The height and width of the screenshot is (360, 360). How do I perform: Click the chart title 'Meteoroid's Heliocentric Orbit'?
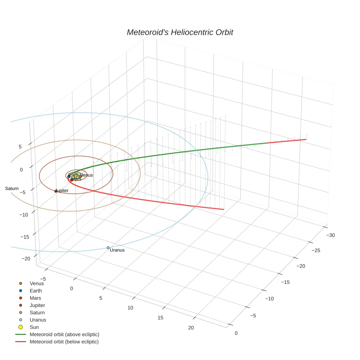(x=180, y=32)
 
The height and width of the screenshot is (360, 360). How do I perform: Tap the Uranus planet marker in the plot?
(x=108, y=248)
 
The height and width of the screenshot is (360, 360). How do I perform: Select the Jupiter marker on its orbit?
(x=56, y=191)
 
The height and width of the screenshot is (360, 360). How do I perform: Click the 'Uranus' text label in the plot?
(x=117, y=250)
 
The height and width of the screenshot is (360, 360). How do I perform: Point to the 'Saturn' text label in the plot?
(x=12, y=188)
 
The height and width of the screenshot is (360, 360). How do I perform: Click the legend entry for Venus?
(x=37, y=284)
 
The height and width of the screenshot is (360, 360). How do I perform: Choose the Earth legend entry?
(x=36, y=291)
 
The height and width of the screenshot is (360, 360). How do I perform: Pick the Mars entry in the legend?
(x=35, y=298)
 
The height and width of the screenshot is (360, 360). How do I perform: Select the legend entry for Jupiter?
(x=37, y=305)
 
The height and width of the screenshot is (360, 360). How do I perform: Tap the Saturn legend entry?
(x=37, y=312)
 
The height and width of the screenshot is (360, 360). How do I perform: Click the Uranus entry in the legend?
(x=38, y=320)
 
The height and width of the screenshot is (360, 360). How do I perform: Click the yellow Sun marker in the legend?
(x=21, y=327)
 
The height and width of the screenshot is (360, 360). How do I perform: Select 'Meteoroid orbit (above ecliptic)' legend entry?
(x=64, y=334)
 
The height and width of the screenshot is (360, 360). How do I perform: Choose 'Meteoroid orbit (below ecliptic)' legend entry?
(x=64, y=342)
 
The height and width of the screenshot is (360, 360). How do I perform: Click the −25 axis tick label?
(x=316, y=251)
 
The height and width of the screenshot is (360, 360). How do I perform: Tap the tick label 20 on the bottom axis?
(x=191, y=327)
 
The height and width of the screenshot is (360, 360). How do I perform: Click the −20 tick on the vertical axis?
(x=26, y=259)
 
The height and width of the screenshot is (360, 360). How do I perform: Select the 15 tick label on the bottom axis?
(x=160, y=318)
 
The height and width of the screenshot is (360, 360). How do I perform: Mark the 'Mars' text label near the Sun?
(x=76, y=179)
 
